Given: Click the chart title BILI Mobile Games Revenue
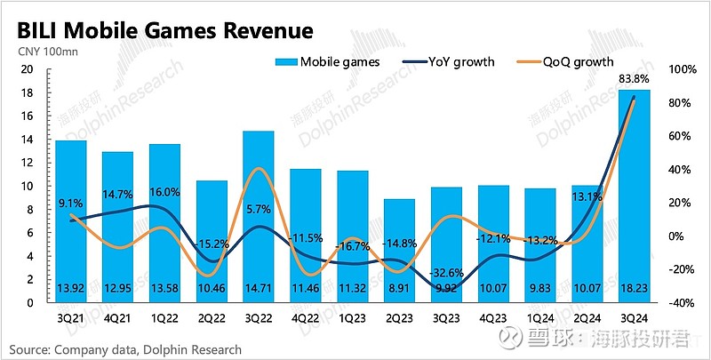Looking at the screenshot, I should click(161, 32).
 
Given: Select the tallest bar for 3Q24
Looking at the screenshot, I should click(635, 196).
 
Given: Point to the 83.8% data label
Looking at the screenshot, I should click(635, 79).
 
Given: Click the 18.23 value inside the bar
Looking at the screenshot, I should click(635, 289).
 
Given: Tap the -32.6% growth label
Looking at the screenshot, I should click(446, 272).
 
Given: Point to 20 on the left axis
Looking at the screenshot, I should click(27, 69).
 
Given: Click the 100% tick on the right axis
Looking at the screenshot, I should click(681, 69).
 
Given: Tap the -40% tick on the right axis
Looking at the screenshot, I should click(681, 302).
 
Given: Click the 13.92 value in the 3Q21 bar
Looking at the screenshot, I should click(70, 289).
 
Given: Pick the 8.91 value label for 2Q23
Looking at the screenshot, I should click(399, 289).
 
